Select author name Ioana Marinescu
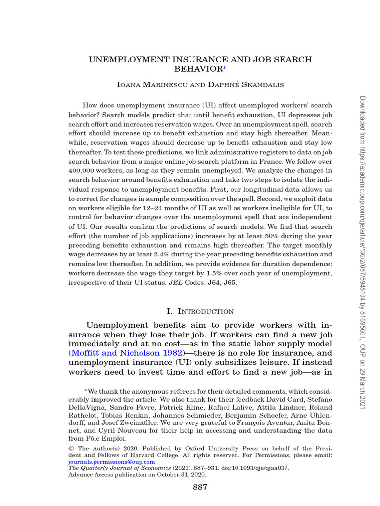[148, 85]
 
